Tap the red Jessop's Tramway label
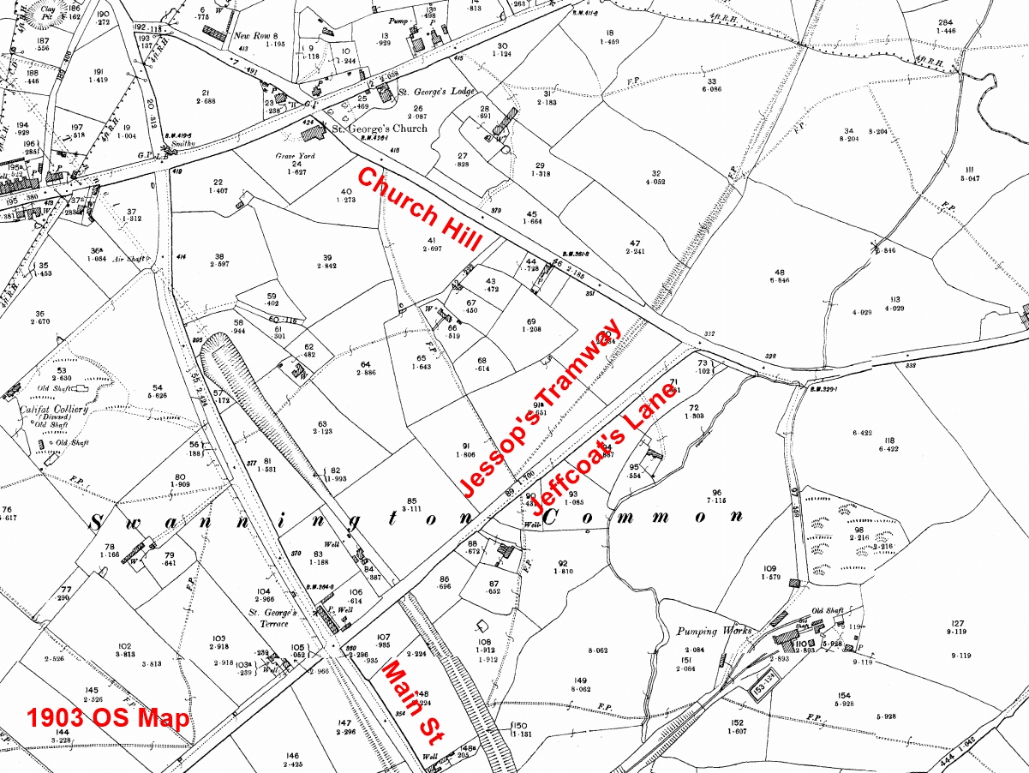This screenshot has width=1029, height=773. coord(541,408)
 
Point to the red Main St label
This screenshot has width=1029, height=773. coord(410,699)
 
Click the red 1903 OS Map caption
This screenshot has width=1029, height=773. coord(107,718)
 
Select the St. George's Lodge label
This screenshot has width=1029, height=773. coord(430,90)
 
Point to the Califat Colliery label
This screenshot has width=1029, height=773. coord(54,410)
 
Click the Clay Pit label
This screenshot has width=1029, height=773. coord(37,9)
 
